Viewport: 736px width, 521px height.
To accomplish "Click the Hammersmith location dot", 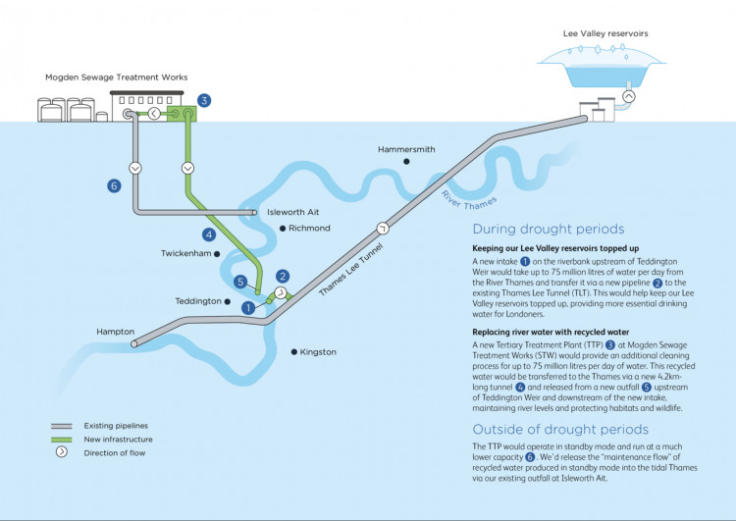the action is [x=406, y=162].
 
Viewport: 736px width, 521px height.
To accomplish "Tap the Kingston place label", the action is [x=318, y=352].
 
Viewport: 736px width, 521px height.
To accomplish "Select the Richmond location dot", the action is [x=283, y=229].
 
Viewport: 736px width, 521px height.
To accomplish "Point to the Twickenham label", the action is [x=185, y=253].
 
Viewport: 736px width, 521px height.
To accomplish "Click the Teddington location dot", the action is [x=228, y=301].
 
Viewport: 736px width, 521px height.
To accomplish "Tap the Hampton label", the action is [x=116, y=332].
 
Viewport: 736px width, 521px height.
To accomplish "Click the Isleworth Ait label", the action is [x=292, y=212].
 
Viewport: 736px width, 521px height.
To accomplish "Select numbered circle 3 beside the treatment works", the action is [x=204, y=100].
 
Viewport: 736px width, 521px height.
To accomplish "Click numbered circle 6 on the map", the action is [x=114, y=185].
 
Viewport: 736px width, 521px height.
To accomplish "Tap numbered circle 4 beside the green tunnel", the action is [x=209, y=234].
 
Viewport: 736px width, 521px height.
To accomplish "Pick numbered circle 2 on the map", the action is [x=282, y=276].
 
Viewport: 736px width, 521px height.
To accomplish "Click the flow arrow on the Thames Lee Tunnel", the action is [x=383, y=228].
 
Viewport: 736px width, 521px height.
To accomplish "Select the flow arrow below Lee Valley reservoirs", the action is [x=629, y=96].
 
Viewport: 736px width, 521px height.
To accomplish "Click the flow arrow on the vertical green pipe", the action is [x=187, y=168].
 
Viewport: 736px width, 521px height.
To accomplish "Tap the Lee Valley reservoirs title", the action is [x=605, y=33].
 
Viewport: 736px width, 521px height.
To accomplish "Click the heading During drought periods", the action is [x=549, y=229].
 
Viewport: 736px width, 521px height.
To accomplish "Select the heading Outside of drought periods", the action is [x=560, y=430].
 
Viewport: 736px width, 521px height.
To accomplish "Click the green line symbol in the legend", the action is [x=62, y=440].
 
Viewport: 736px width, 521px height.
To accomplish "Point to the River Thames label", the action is [x=468, y=200].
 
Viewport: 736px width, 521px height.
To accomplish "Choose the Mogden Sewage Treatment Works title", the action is [x=117, y=78].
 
